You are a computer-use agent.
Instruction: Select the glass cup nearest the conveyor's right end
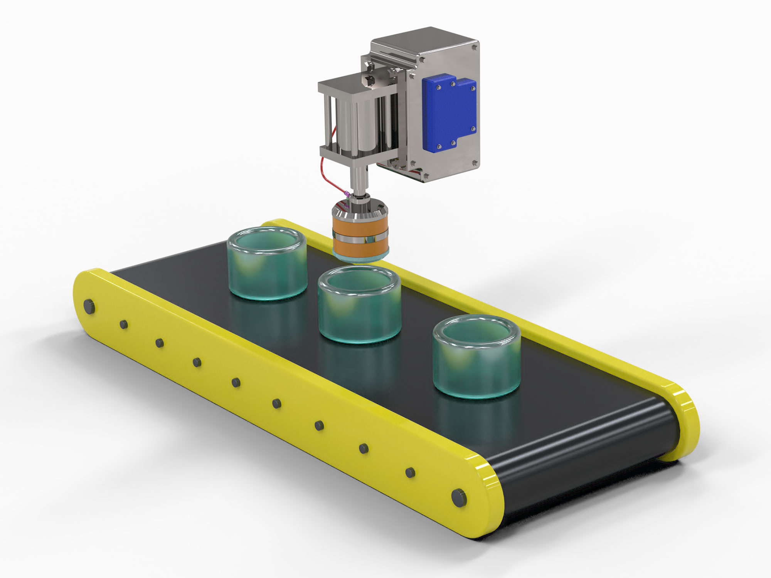point(476,356)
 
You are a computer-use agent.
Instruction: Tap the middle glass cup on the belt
point(359,304)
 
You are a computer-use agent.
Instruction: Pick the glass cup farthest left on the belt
point(267,264)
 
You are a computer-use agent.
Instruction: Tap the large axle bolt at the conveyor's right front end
point(458,497)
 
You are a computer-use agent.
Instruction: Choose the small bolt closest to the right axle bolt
point(410,472)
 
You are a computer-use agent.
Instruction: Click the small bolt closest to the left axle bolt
point(124,324)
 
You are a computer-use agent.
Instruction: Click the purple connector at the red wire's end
point(347,193)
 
